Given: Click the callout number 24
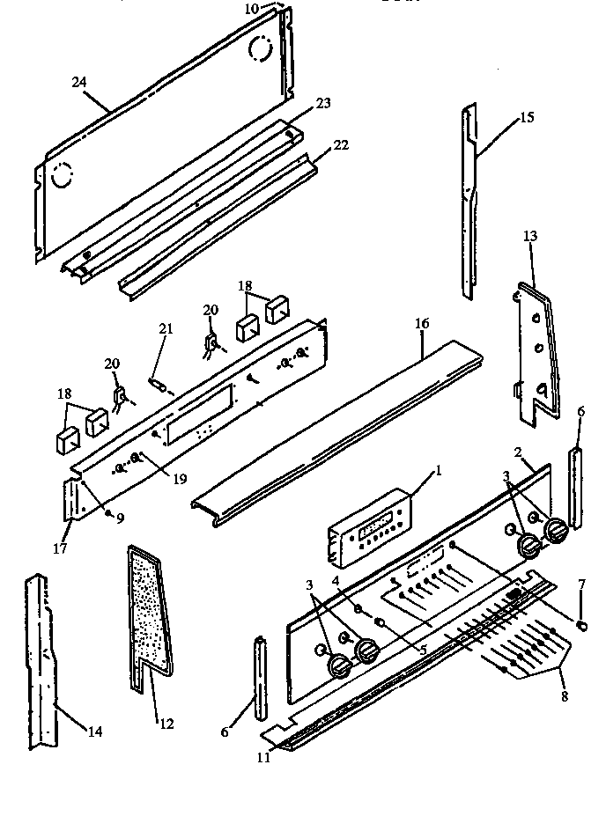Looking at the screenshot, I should (x=78, y=83).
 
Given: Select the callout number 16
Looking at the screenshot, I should (x=422, y=325).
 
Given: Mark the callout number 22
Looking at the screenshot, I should (x=340, y=145).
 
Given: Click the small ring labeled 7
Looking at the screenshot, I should (x=581, y=625).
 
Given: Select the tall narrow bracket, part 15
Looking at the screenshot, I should (x=469, y=202).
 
